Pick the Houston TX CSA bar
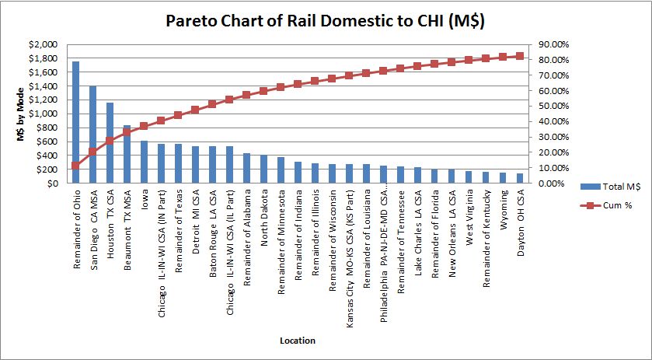110,143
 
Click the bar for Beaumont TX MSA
127,155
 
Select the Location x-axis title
298,340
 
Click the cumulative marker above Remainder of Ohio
75,166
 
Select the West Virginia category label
469,218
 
